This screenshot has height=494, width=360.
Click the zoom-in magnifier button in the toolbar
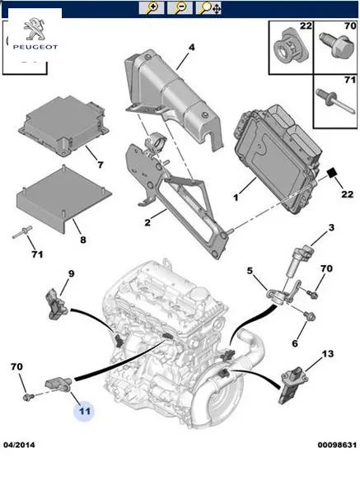[152, 8]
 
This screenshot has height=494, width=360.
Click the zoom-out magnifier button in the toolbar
[180, 8]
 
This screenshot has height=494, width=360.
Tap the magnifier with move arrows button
[208, 8]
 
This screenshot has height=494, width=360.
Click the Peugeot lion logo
[34, 30]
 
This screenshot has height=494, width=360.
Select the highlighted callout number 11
[84, 411]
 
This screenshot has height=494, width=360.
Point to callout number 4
[191, 48]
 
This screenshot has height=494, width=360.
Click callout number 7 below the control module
[100, 165]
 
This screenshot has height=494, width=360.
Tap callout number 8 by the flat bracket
[83, 240]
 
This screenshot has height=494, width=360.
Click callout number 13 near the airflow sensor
[328, 354]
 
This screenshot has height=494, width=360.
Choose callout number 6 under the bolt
[295, 343]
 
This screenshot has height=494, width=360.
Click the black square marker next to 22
[332, 174]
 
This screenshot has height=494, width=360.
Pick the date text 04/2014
[19, 445]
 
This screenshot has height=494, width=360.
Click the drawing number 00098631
[337, 445]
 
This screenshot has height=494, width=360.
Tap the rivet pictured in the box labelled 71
[334, 100]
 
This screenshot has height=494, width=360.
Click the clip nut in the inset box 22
[289, 47]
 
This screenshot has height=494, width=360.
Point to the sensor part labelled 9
[55, 305]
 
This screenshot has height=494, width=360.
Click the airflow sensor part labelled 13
[292, 386]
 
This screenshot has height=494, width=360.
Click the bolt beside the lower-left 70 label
[28, 397]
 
